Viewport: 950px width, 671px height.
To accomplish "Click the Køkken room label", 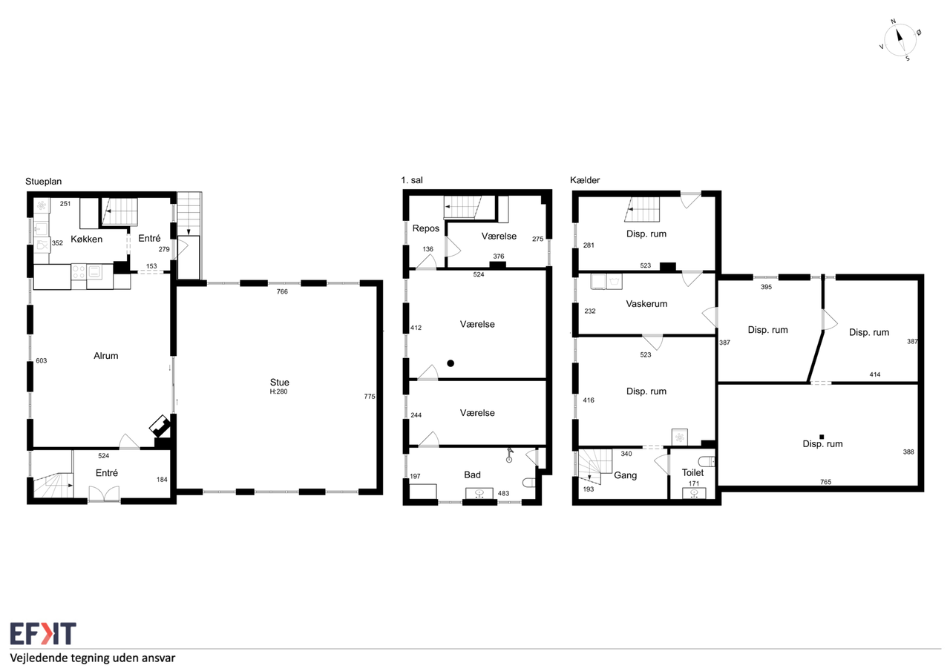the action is point(87,239).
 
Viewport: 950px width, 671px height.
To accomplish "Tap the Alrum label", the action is point(106,356).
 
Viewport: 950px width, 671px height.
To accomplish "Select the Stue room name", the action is point(280,382).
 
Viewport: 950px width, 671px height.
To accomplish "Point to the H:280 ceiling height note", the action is point(278,391).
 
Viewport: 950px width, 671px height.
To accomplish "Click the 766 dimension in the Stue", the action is point(282,291).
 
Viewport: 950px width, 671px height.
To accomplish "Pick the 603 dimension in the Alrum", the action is point(41,361).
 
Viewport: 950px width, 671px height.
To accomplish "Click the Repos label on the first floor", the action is point(426,228).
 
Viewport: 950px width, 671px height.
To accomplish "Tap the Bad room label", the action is point(473,475).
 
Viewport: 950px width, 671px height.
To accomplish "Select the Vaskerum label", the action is point(646,304).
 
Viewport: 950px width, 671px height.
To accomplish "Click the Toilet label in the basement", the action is point(692,472).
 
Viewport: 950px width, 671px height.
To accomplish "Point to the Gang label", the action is point(626,475).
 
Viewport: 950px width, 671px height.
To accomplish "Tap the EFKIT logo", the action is point(43,634).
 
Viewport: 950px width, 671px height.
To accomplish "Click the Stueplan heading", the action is point(43,182).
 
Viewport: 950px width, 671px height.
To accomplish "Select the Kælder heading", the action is point(585,180).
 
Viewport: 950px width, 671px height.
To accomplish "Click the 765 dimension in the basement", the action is point(826,482).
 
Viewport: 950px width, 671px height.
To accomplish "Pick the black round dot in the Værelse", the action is point(451,363).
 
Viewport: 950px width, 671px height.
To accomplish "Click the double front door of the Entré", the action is point(105,494).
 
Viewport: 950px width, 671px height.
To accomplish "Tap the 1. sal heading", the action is point(412,180).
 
